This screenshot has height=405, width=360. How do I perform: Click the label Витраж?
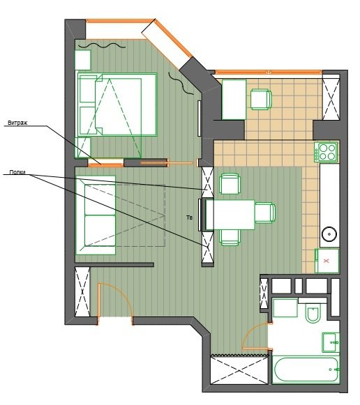coord(17,123)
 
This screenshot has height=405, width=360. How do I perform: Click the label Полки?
coord(17,172)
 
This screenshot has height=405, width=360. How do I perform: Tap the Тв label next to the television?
coord(190,217)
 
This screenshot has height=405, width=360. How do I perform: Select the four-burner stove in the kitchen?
coord(326,152)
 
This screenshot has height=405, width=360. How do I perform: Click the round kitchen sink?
coord(329,234)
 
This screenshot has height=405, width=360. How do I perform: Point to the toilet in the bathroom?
coord(313,313)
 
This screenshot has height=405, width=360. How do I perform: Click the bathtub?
coord(306,369)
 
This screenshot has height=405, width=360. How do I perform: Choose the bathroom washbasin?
coord(331,342)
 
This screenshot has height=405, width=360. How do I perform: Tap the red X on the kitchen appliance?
coord(327,261)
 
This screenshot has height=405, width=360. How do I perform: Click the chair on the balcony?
coord(261,100)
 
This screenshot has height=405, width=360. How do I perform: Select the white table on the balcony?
coord(234,100)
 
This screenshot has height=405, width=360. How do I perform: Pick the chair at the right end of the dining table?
coord(265,213)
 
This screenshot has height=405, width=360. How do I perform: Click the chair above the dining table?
coord(230,184)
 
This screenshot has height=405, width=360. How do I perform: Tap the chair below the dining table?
coord(230,238)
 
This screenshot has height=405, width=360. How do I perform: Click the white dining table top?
coord(230,215)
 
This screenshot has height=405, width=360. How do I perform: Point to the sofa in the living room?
coord(96,215)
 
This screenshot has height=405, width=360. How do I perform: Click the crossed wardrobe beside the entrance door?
coord(82,292)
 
